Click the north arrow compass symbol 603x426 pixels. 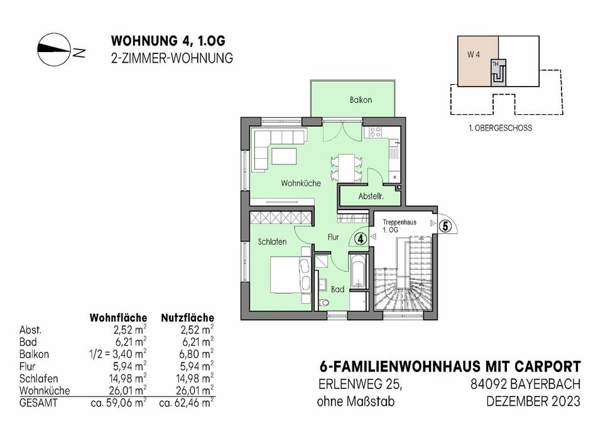[54, 49]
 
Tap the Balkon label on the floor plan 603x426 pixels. [361, 100]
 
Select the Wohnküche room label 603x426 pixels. [301, 183]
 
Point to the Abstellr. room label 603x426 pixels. [371, 196]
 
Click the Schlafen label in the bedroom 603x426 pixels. [272, 242]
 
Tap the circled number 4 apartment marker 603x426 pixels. [361, 238]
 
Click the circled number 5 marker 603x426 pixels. [445, 226]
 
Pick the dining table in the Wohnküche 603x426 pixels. [346, 168]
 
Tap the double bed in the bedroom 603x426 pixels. [290, 275]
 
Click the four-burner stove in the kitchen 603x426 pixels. [375, 132]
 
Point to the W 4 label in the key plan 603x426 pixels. [474, 55]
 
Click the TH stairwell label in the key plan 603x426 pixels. [496, 64]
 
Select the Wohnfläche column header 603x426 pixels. [118, 318]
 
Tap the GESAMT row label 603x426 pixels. [38, 403]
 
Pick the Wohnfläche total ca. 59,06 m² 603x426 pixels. [119, 403]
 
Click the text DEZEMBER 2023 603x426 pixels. [533, 402]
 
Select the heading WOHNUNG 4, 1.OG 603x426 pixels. [168, 41]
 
